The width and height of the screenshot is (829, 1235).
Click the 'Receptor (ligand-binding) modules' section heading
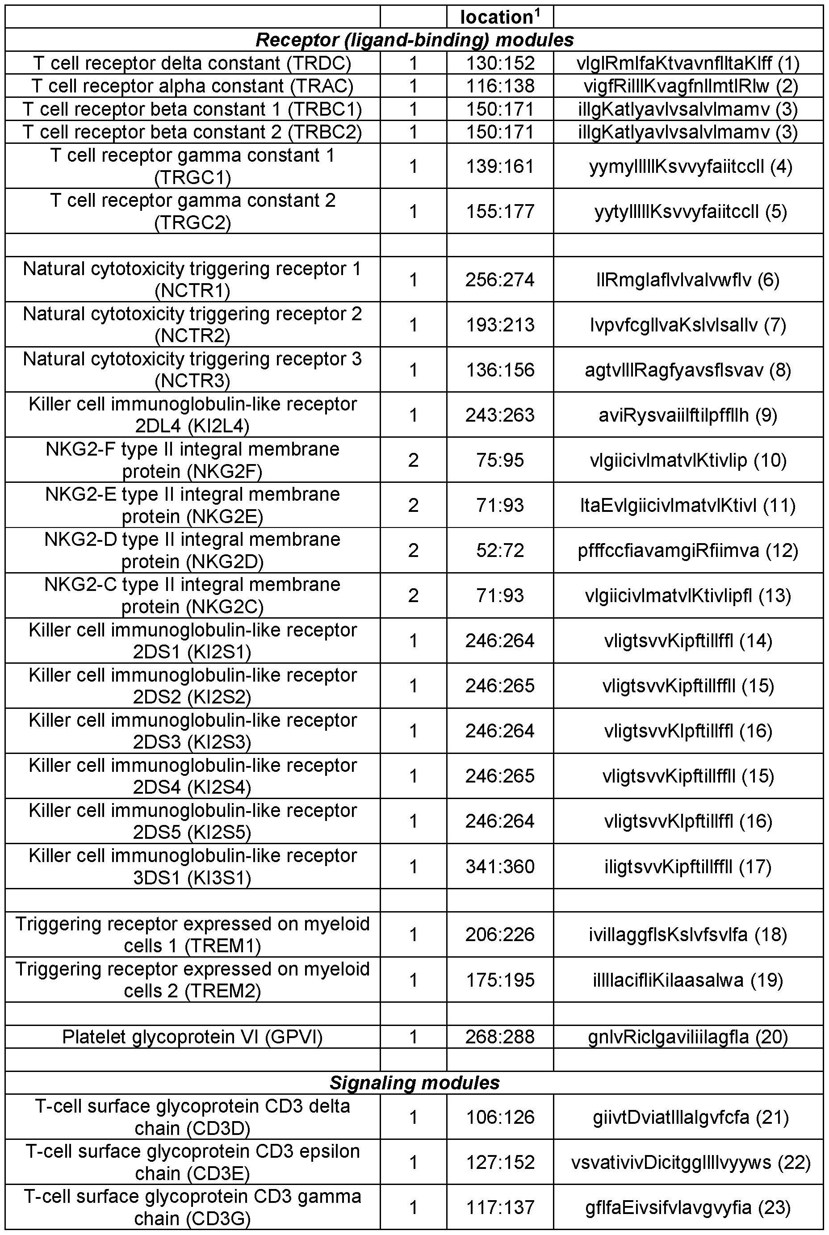pyautogui.click(x=414, y=40)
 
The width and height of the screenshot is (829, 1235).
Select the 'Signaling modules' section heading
pyautogui.click(x=414, y=1082)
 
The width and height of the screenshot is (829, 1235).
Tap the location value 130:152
pyautogui.click(x=500, y=63)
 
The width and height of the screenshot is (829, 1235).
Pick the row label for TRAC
pyautogui.click(x=192, y=86)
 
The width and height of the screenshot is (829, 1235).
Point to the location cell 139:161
pyautogui.click(x=500, y=167)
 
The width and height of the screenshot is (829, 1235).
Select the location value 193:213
pyautogui.click(x=500, y=325)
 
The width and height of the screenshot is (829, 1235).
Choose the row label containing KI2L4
pyautogui.click(x=193, y=414)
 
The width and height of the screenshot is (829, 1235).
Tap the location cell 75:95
pyautogui.click(x=500, y=460)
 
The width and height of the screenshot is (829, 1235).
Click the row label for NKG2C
pyautogui.click(x=193, y=595)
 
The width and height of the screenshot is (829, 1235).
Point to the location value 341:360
pyautogui.click(x=500, y=866)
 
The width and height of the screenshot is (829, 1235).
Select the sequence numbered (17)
pyautogui.click(x=688, y=866)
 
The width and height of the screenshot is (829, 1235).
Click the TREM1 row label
pyautogui.click(x=193, y=934)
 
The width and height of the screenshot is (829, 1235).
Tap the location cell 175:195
pyautogui.click(x=500, y=980)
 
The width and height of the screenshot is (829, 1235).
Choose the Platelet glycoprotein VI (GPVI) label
pyautogui.click(x=193, y=1037)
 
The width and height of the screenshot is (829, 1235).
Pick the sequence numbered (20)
pyautogui.click(x=688, y=1037)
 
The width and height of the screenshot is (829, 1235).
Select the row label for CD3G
pyautogui.click(x=193, y=1207)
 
